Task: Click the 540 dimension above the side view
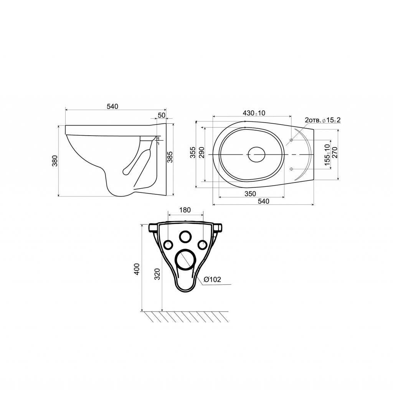(112, 106)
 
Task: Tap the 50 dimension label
(162, 115)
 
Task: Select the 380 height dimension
(55, 161)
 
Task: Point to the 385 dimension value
(170, 157)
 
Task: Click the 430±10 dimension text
(254, 113)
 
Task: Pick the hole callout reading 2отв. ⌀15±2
(322, 120)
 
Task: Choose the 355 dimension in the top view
(193, 153)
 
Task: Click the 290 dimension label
(201, 153)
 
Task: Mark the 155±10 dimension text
(327, 155)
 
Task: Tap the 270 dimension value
(335, 153)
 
